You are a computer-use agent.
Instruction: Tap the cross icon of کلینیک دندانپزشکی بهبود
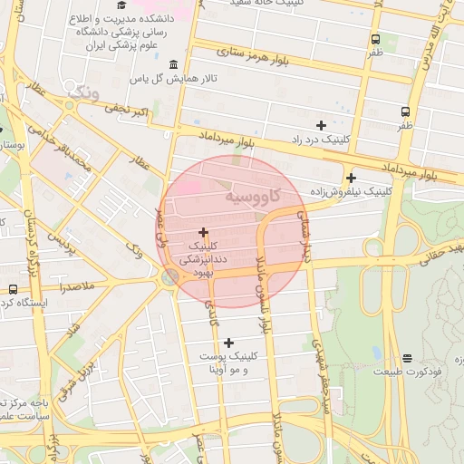click(x=203, y=233)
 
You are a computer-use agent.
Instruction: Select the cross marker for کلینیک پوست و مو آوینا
click(x=228, y=343)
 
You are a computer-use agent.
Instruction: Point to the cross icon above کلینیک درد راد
click(x=321, y=125)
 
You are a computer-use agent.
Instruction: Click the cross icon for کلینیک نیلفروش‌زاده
click(x=351, y=178)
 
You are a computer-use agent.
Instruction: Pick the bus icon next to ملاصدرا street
click(x=13, y=289)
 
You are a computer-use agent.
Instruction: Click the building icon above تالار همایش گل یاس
click(x=173, y=64)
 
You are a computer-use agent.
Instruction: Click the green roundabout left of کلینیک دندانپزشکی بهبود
click(x=169, y=277)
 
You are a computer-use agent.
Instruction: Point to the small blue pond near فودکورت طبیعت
click(x=376, y=353)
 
